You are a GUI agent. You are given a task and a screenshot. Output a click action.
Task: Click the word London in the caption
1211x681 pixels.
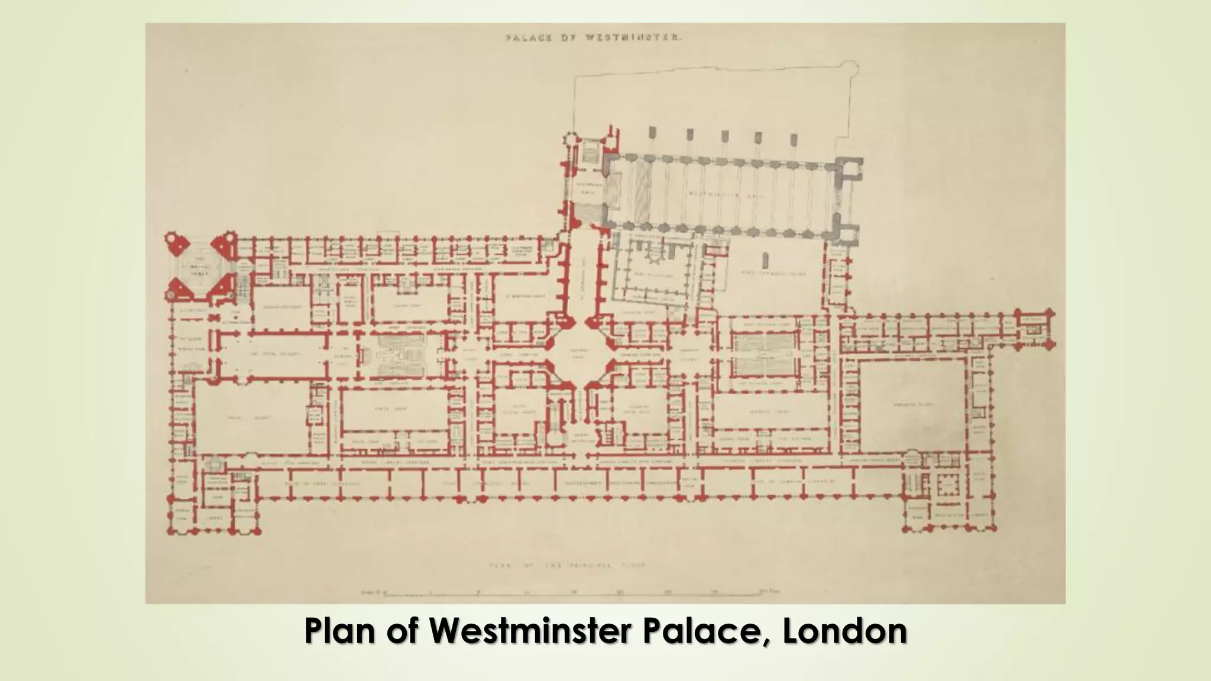click(845, 631)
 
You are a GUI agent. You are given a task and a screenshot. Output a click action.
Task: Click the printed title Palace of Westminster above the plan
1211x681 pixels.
click(594, 37)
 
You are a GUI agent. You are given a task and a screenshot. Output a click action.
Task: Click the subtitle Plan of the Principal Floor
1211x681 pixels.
click(568, 565)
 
